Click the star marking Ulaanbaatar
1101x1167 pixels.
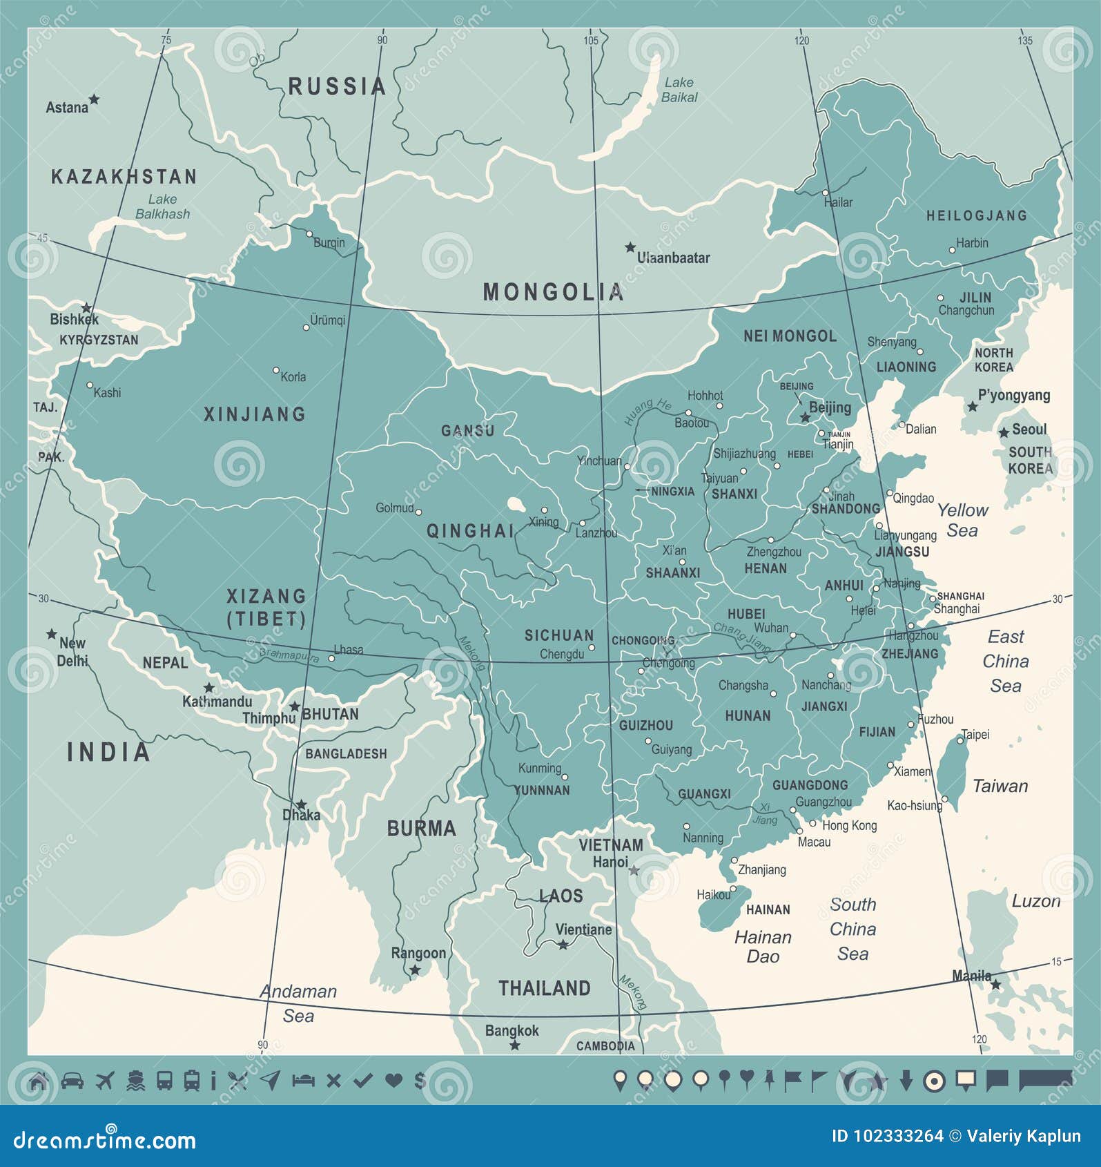[x=630, y=247]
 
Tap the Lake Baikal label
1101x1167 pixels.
[x=679, y=90]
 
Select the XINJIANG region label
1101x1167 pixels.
[x=254, y=414]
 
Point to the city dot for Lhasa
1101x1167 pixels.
[x=332, y=658]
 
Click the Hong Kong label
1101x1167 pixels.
[x=849, y=825]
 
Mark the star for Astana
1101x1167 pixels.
[x=94, y=99]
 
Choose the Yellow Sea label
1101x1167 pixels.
[x=962, y=520]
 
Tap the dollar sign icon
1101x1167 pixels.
[x=419, y=1080]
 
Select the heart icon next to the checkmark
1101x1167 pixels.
[x=393, y=1080]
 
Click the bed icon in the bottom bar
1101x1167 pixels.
[x=303, y=1080]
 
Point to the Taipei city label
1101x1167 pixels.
[x=975, y=735]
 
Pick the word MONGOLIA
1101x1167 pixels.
[x=553, y=292]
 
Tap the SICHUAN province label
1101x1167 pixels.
[x=558, y=635]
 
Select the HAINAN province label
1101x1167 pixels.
[x=768, y=910]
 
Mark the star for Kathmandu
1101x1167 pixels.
[x=208, y=688]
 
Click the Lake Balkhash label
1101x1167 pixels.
[x=162, y=206]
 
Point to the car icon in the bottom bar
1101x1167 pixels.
[x=72, y=1080]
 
